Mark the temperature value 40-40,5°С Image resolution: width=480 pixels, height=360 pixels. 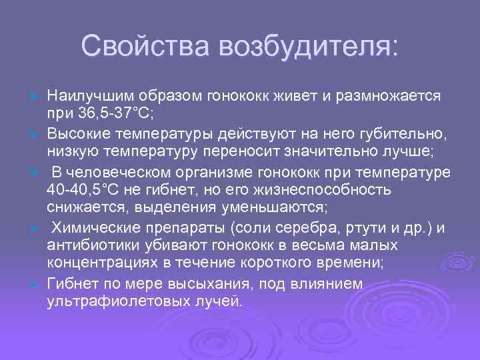86,190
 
